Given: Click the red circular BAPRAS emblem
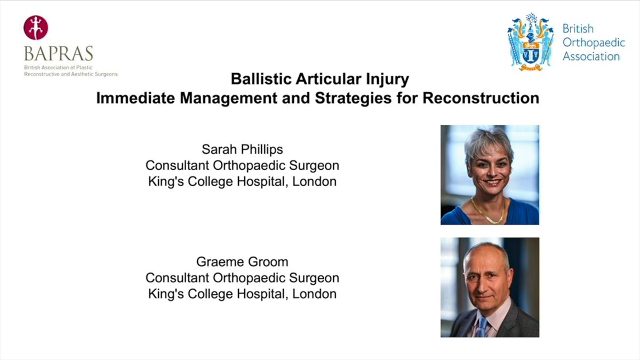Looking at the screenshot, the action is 36,28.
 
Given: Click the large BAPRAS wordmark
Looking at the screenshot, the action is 59,53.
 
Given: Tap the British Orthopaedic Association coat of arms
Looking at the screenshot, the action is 531,42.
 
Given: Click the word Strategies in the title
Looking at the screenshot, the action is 354,99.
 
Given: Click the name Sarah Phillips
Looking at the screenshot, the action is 242,149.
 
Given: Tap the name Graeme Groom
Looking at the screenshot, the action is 242,262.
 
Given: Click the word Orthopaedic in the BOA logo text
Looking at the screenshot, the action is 594,43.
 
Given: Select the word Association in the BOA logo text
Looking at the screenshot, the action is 591,57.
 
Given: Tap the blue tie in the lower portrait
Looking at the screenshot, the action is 483,327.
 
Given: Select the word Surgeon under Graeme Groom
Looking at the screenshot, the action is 314,278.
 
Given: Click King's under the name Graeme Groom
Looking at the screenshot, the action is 166,294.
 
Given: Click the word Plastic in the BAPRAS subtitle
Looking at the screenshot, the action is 85,68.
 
